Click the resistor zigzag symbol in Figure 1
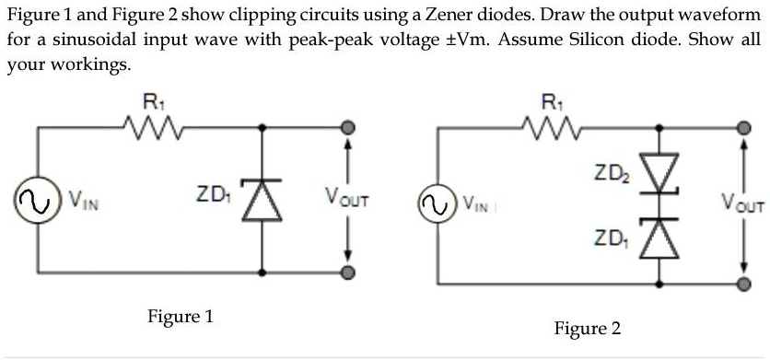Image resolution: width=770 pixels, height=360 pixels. pos(150,129)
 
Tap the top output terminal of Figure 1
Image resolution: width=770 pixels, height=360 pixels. pos(347,129)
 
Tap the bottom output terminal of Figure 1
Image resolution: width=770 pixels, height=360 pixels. pos(347,273)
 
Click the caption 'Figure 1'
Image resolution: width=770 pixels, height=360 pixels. pos(181,317)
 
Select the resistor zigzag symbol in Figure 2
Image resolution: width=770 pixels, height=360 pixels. pos(550,129)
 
